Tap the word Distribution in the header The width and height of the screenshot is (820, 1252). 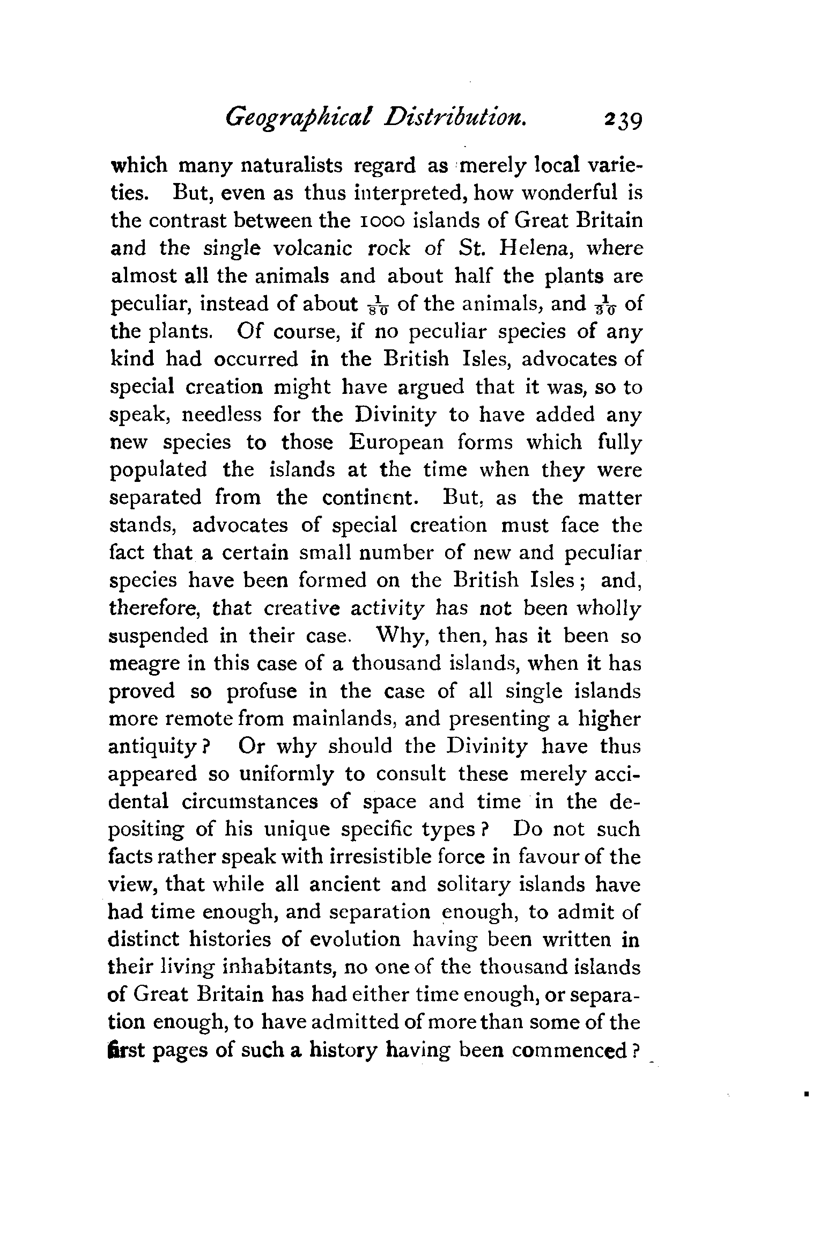[454, 117]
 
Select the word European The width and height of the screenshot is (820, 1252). [397, 442]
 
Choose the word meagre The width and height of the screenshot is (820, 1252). [143, 664]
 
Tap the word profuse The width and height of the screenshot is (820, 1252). [261, 691]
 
